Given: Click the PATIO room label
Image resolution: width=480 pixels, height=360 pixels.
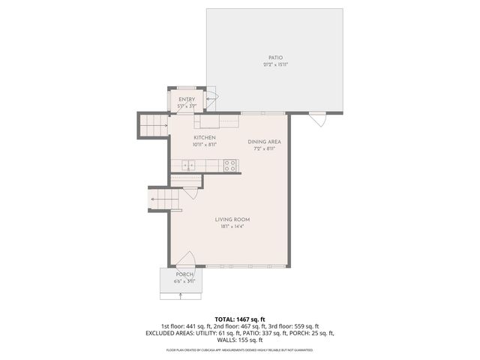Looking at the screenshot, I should [276, 58].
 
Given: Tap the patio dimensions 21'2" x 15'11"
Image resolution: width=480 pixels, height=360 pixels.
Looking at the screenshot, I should [276, 65].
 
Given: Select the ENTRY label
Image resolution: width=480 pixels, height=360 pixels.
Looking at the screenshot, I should [187, 100].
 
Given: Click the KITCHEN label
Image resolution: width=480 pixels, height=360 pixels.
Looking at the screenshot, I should [205, 138].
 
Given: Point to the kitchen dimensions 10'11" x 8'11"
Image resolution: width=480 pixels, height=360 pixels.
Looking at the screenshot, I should [205, 145].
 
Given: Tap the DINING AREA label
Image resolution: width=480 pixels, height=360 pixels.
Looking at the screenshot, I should [265, 142].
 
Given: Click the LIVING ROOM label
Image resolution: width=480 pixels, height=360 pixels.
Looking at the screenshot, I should [232, 219].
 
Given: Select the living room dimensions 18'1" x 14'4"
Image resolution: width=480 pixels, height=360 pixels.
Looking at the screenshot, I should [232, 226].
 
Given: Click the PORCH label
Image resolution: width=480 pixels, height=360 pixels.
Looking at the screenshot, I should [184, 274].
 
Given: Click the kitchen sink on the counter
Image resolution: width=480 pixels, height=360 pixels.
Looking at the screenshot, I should [190, 166].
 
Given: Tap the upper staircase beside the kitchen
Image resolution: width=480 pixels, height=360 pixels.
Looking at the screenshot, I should [154, 125].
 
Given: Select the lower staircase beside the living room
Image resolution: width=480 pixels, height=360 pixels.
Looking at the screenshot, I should [165, 199].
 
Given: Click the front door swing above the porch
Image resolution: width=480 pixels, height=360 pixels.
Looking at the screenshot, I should [186, 259].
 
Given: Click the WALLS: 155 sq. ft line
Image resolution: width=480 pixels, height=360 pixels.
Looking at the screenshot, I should [240, 340].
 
